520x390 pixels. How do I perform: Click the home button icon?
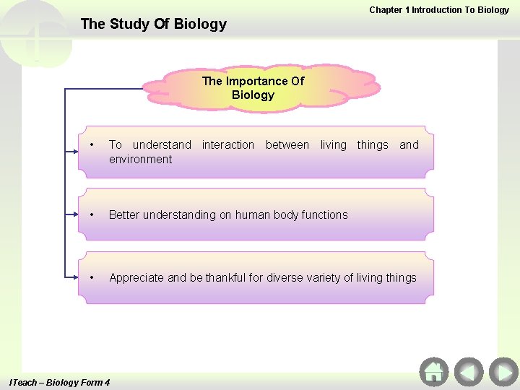[433, 372]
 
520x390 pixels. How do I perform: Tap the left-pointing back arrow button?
[469, 372]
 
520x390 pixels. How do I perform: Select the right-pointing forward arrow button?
[503, 372]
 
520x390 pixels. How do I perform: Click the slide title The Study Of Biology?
[153, 24]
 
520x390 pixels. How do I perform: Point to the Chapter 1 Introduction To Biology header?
[439, 10]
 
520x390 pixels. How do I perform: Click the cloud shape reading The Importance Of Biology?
[253, 88]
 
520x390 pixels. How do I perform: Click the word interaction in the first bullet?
[228, 145]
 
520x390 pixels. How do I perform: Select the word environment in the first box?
[140, 159]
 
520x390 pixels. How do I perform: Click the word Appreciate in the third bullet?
[136, 277]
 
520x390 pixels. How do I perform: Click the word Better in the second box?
[123, 214]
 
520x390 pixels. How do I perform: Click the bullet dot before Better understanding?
[92, 214]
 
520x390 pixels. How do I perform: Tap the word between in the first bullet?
[287, 145]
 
